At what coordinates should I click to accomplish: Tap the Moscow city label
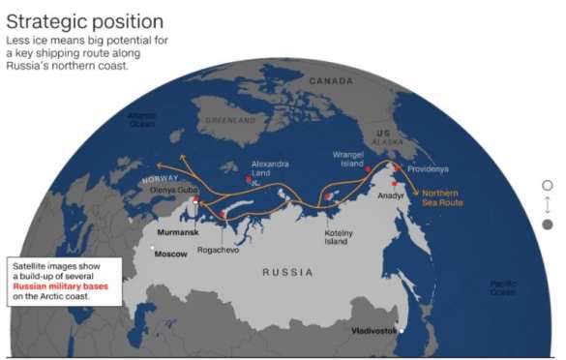(x=171, y=254)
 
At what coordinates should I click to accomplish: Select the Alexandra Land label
(x=270, y=168)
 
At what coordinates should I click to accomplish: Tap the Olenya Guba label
(x=174, y=190)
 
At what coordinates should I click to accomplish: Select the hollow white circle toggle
(x=548, y=185)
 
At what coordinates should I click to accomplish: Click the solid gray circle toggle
(x=548, y=225)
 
